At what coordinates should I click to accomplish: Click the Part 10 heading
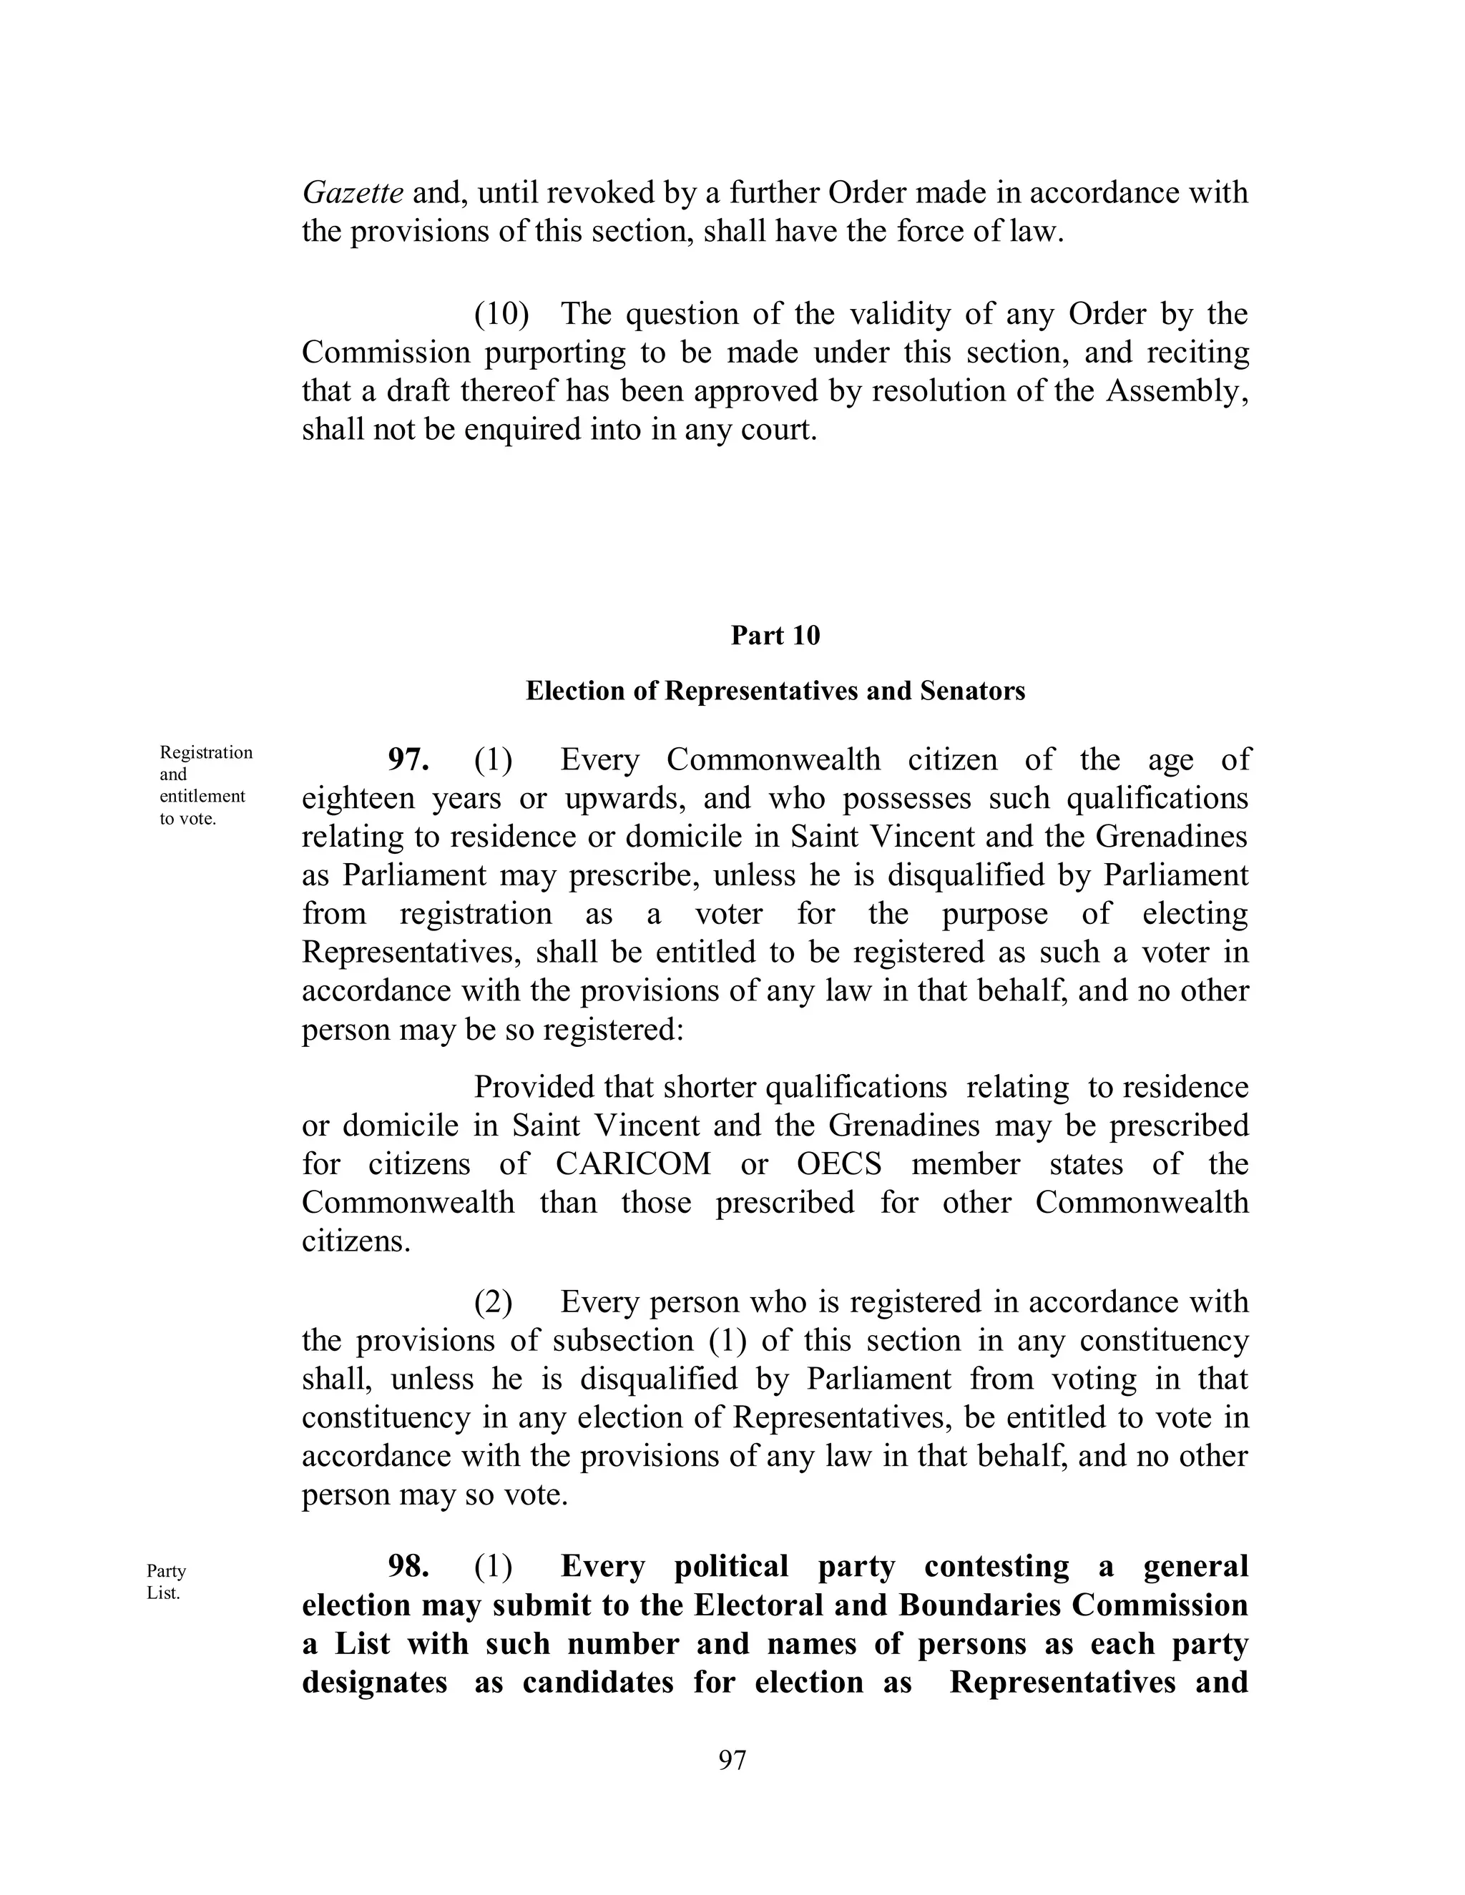pos(775,636)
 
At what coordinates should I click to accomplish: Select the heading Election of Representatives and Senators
pos(775,691)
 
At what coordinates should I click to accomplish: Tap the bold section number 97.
pos(408,760)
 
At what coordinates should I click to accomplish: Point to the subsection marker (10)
pos(501,314)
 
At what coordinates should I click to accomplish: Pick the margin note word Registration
pos(207,753)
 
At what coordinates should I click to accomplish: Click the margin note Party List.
pos(166,1582)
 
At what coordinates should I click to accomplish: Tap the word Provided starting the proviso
pos(534,1087)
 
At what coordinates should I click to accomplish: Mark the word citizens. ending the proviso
pos(356,1241)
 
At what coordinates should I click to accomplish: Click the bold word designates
pos(374,1683)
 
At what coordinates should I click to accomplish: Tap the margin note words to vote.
pos(187,819)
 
